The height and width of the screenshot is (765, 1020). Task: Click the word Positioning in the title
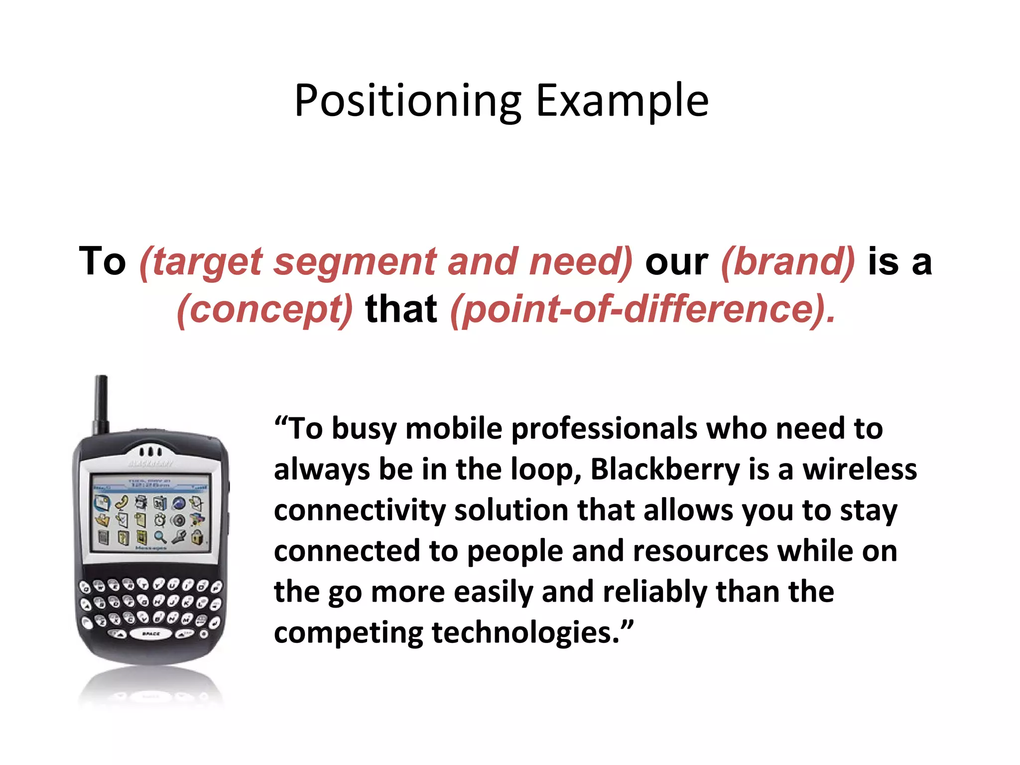click(x=407, y=101)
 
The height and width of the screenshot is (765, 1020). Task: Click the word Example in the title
click(x=622, y=101)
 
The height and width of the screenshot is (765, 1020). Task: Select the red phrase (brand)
click(x=787, y=261)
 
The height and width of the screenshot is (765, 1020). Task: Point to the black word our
click(x=676, y=261)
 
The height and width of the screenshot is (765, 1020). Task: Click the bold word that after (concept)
click(x=401, y=309)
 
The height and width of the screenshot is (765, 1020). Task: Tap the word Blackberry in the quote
click(x=665, y=470)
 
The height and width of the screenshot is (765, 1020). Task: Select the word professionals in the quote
click(x=604, y=429)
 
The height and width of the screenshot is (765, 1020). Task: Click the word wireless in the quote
click(x=860, y=470)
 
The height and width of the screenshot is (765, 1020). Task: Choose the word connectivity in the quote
click(x=360, y=510)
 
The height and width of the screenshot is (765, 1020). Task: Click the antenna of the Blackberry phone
click(x=101, y=403)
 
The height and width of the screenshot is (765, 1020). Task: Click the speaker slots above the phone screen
click(x=150, y=452)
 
